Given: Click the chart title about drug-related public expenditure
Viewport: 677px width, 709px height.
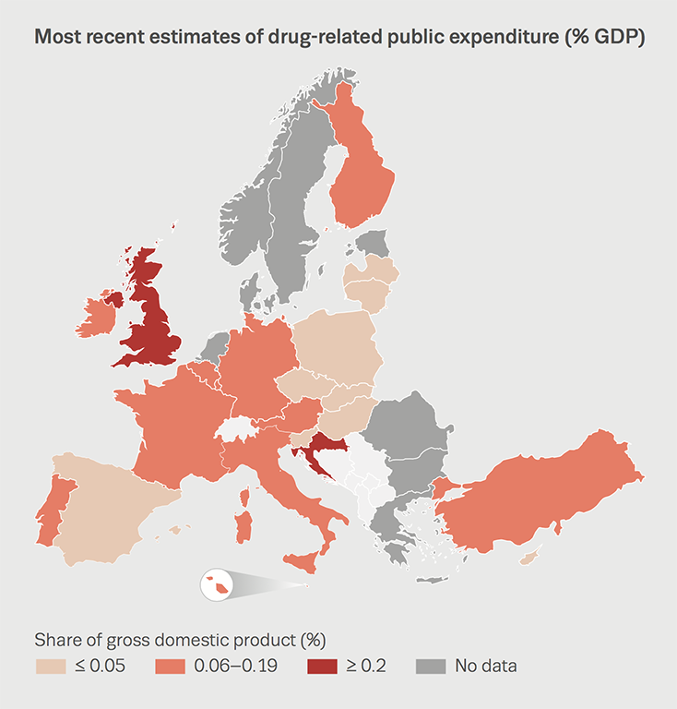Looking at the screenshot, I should (338, 38).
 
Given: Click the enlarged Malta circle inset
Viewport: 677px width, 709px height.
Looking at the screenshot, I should (215, 584).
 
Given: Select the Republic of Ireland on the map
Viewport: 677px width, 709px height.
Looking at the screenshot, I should (95, 317).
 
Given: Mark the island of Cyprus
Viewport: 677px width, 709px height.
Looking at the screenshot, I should (529, 558).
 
